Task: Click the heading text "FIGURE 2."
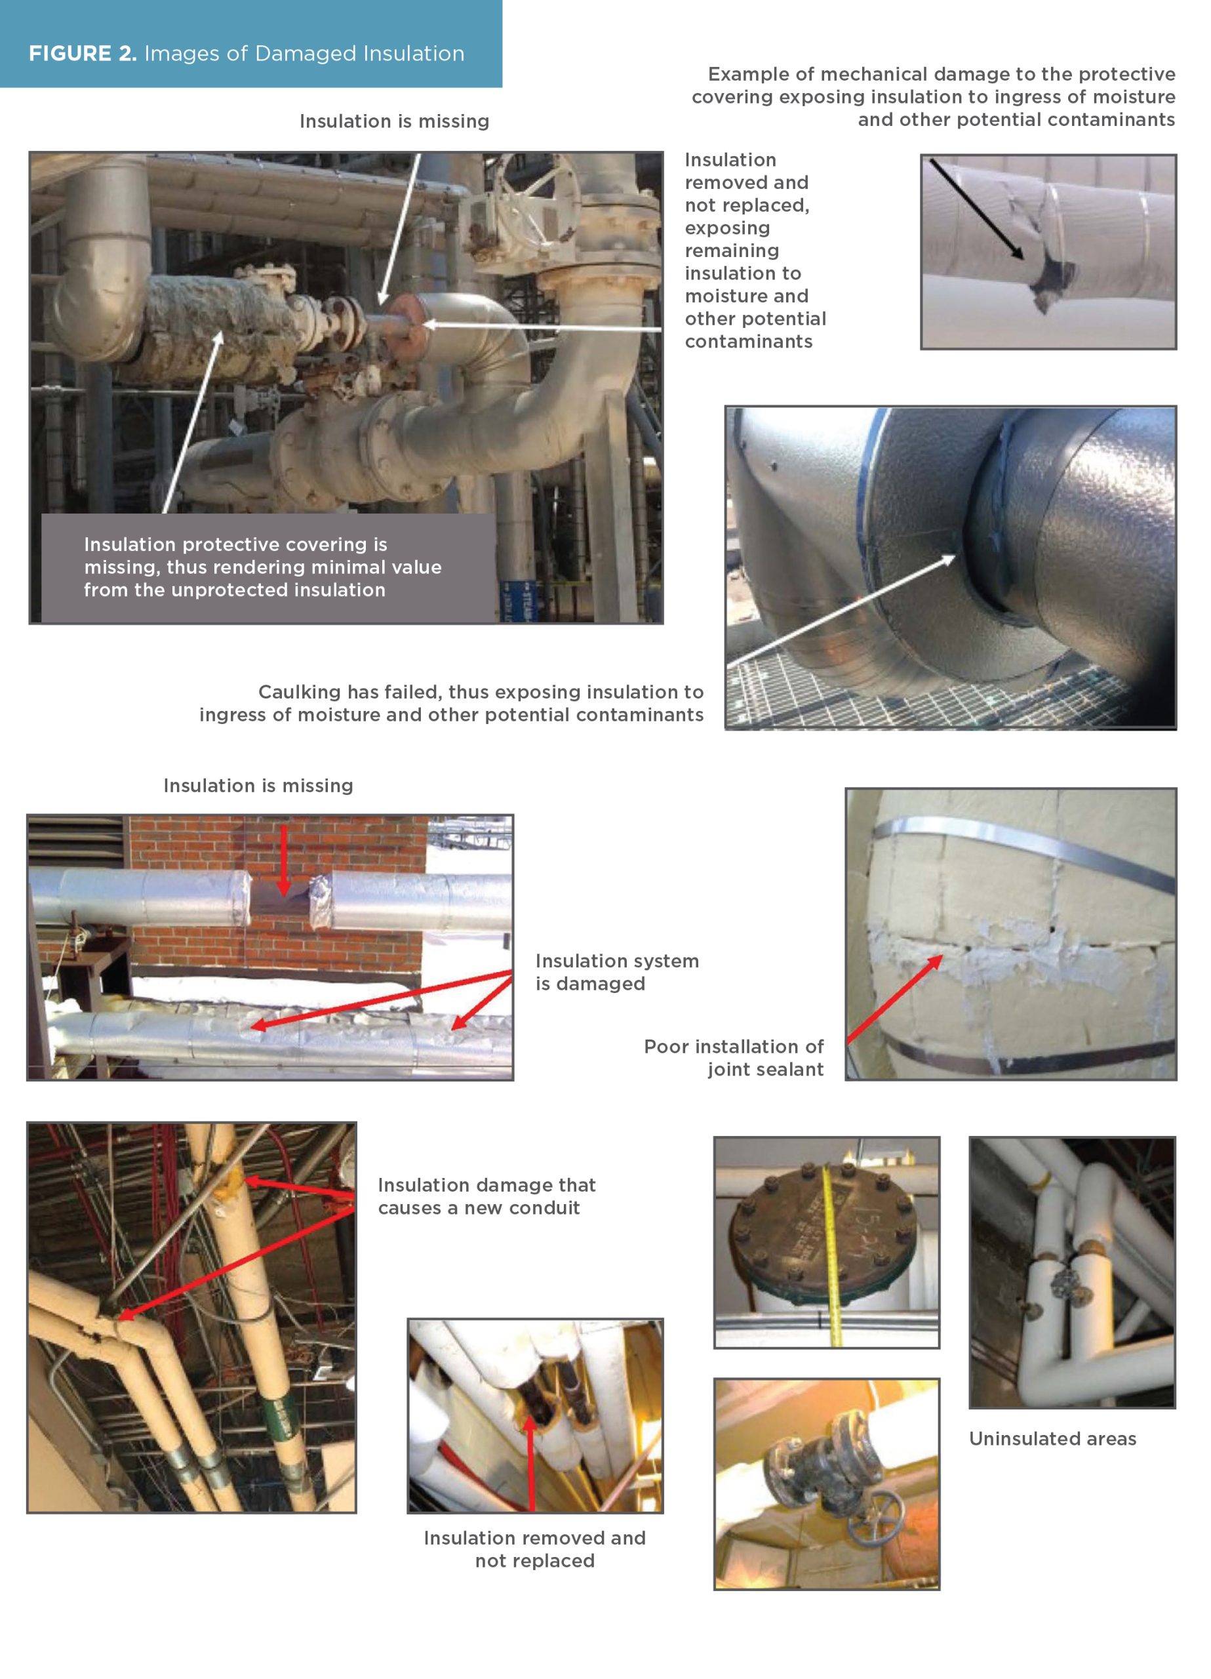(x=82, y=53)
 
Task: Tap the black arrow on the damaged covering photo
(x=976, y=209)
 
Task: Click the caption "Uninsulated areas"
(x=1052, y=1438)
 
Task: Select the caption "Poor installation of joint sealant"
(x=733, y=1058)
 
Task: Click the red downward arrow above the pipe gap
(x=283, y=860)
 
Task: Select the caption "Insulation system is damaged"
(x=616, y=972)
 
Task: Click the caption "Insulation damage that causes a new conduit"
(x=486, y=1196)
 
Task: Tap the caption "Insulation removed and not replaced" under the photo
(x=534, y=1548)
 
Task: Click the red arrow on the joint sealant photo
(x=894, y=999)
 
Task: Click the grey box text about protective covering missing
(x=263, y=567)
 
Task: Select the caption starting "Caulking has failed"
(x=451, y=703)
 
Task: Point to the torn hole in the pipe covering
(x=1050, y=281)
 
